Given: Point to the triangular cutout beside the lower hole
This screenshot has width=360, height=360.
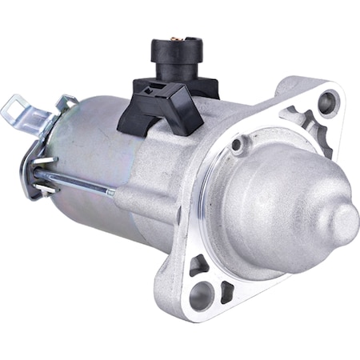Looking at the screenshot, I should click(x=225, y=291).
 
